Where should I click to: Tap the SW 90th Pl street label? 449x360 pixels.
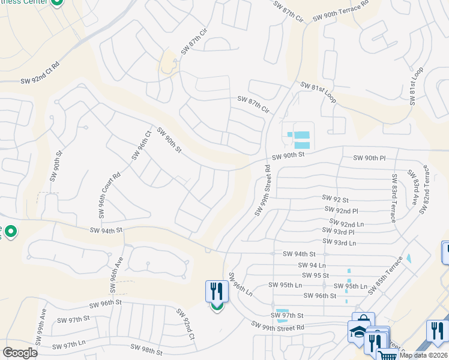pos(369,158)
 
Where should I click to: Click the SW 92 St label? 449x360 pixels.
pos(335,197)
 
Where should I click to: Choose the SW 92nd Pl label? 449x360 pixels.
pos(341,210)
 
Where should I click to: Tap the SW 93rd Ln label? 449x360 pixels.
pos(339,242)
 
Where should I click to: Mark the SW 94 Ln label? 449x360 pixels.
pos(312,265)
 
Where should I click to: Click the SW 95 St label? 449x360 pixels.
pos(316,275)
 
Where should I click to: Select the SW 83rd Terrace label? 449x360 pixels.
pos(394,199)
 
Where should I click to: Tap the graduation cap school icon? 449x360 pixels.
pos(357,331)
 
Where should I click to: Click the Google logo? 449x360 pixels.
pos(20,352)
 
